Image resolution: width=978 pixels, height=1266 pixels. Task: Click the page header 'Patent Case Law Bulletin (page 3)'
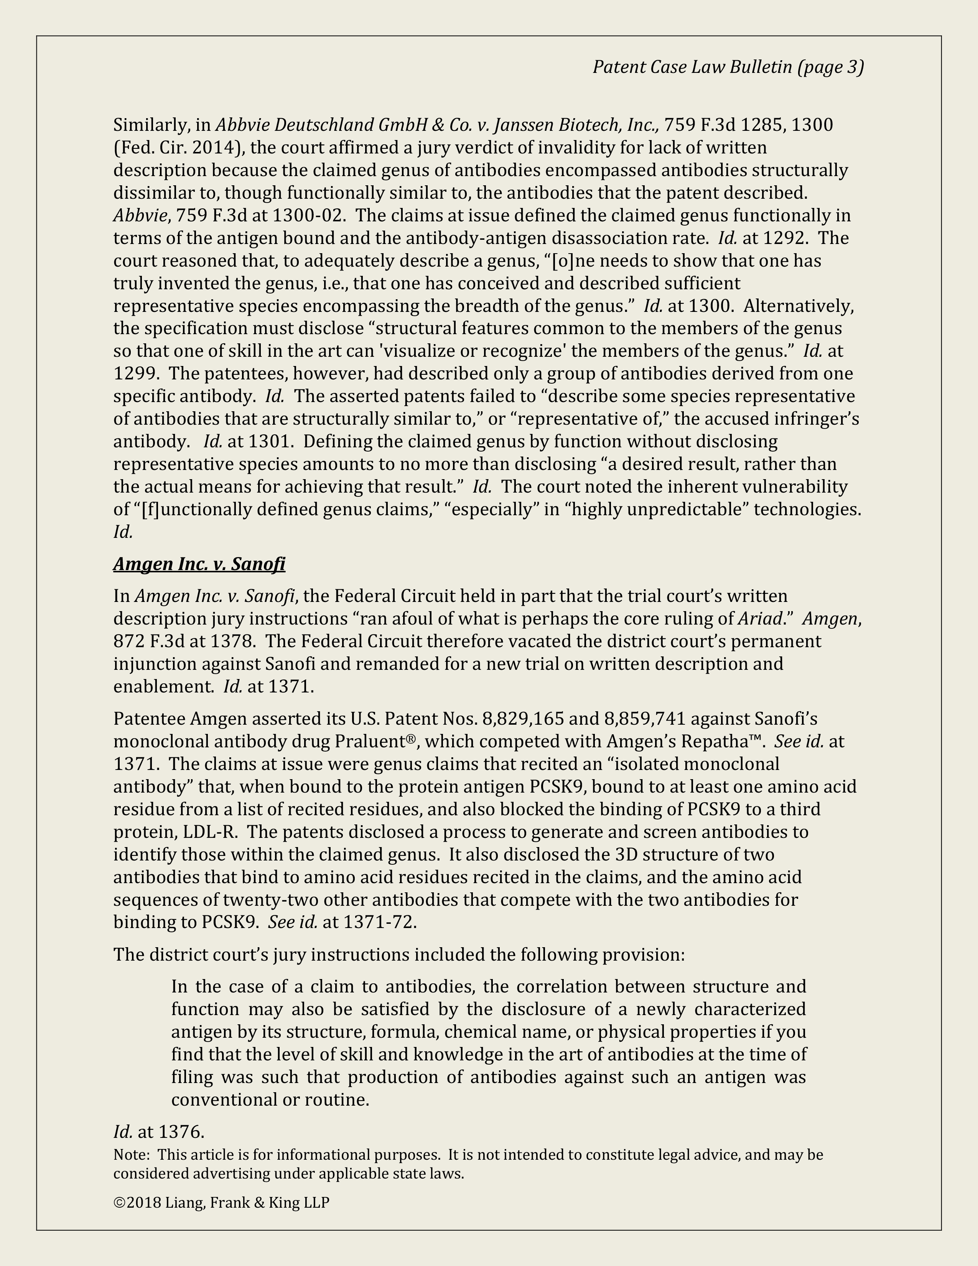pyautogui.click(x=728, y=67)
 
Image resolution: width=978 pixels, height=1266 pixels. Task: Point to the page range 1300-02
pyautogui.click(x=309, y=216)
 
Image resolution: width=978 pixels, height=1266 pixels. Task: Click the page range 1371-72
pyautogui.click(x=379, y=922)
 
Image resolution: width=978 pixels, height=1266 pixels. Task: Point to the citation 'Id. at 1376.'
pyautogui.click(x=159, y=1131)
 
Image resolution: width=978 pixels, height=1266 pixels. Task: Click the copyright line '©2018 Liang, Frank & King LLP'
pyautogui.click(x=221, y=1203)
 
